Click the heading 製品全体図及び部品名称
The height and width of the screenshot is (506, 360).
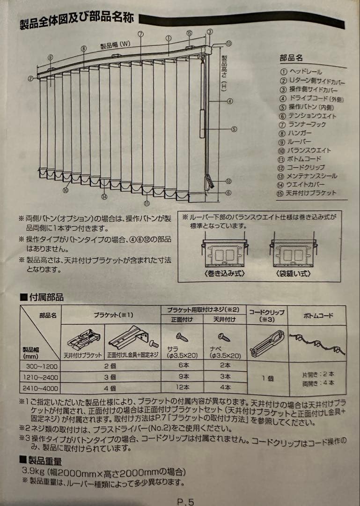coord(77,21)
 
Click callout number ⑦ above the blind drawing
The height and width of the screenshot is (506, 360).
coord(140,34)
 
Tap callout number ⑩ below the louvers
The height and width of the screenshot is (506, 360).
coord(66,190)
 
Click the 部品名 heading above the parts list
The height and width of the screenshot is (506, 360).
coord(291,58)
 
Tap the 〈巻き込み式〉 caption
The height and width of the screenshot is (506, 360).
coord(225,273)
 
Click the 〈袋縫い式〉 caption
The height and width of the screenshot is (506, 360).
coord(293,273)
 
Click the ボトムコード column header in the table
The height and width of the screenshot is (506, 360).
coord(318,315)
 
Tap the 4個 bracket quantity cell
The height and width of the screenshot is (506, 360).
coord(110,388)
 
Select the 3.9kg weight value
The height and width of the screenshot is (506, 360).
coord(33,471)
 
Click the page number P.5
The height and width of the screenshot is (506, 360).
coord(185,501)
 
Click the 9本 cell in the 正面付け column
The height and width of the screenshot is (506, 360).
coord(182,376)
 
